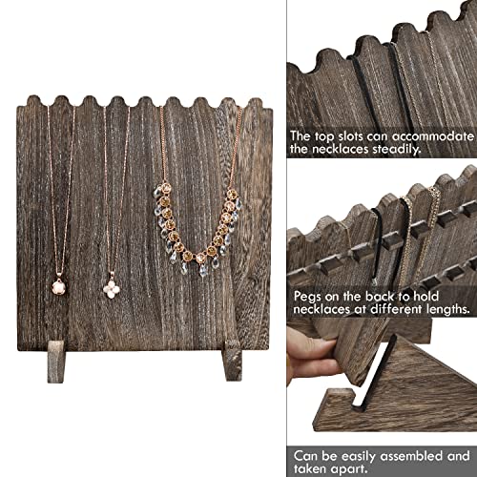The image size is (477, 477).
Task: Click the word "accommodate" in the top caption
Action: (x=429, y=137)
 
